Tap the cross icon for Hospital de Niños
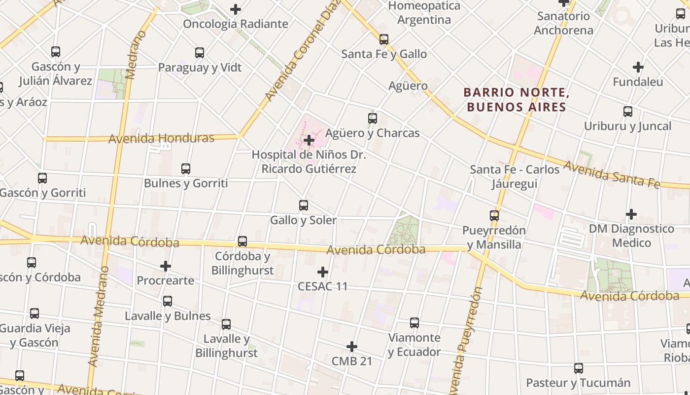[x=309, y=140]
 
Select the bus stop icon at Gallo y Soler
[x=304, y=205]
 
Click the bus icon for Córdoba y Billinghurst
[x=242, y=241]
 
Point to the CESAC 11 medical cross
[x=323, y=272]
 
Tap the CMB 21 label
[x=352, y=361]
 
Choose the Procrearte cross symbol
[x=166, y=267]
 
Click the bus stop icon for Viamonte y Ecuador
[x=414, y=323]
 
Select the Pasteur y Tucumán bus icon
[x=579, y=368]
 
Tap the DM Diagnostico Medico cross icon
[x=631, y=214]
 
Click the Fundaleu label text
[x=638, y=81]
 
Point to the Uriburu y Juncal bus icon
[x=628, y=112]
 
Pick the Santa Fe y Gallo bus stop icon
[x=384, y=39]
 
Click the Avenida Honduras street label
[x=161, y=138]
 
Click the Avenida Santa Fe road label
[x=611, y=174]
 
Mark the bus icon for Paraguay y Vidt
[x=200, y=53]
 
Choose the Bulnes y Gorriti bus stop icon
[x=186, y=169]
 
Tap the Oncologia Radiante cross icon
[x=236, y=9]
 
